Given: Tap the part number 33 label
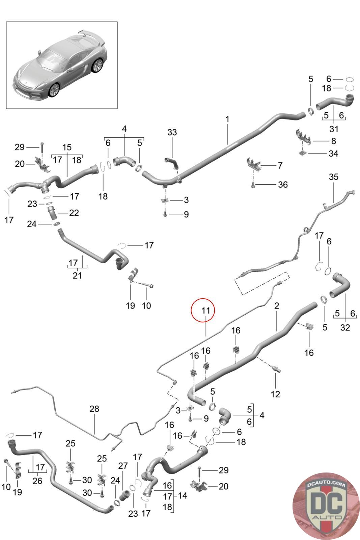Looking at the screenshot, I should click(x=172, y=132).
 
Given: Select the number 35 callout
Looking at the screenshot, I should click(x=333, y=177).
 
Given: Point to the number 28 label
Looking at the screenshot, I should click(x=94, y=409).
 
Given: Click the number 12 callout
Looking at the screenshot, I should click(x=275, y=394).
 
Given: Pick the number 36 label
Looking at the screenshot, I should click(x=283, y=185).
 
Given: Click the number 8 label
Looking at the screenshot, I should click(x=333, y=141).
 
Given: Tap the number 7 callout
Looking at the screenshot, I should click(x=280, y=165).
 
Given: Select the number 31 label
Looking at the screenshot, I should click(x=334, y=129).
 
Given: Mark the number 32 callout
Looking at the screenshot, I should click(x=345, y=327).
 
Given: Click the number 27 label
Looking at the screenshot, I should click(x=123, y=466).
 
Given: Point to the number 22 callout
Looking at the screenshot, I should click(x=74, y=213).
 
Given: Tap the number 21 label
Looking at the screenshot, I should click(x=77, y=276).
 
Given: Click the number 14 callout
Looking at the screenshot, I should click(x=183, y=496).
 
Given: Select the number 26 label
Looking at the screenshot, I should click(x=37, y=481).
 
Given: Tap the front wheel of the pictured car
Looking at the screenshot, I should click(x=54, y=90).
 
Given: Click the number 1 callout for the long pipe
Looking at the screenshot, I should click(x=227, y=119).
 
